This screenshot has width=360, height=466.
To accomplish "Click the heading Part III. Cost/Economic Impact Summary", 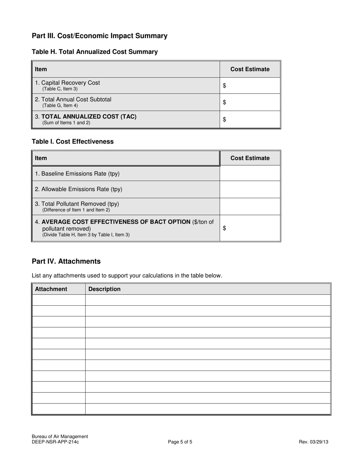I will (x=99, y=36).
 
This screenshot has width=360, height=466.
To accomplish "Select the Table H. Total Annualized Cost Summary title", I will (x=95, y=52).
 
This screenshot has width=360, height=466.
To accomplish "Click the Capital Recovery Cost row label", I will (x=67, y=83).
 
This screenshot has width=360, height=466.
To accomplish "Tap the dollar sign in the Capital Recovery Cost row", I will (x=224, y=86).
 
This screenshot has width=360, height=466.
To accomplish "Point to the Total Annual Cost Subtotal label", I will (x=73, y=99).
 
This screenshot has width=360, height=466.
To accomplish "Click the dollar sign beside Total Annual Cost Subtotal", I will (x=224, y=102).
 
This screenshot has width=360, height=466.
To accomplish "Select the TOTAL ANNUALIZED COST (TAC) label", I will (x=86, y=116).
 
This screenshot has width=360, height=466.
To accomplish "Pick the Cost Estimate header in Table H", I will (x=250, y=69).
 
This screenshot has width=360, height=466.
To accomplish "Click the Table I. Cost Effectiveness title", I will (x=73, y=142).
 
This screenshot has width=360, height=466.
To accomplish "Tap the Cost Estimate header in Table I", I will (x=250, y=158).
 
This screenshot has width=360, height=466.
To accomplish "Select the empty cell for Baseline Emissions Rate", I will (x=250, y=174).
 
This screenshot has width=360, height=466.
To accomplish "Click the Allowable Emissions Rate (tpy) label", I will (x=78, y=189).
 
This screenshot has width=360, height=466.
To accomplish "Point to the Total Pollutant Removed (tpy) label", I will (x=77, y=204).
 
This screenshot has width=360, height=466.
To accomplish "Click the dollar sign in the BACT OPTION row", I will (x=224, y=228).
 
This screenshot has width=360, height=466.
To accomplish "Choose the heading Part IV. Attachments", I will (x=66, y=261).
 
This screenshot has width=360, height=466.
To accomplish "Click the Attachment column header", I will (x=51, y=289).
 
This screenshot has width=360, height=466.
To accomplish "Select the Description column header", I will (x=104, y=289).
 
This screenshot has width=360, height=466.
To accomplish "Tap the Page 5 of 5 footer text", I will (x=180, y=442).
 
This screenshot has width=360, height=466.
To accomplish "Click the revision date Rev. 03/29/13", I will (x=313, y=442).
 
